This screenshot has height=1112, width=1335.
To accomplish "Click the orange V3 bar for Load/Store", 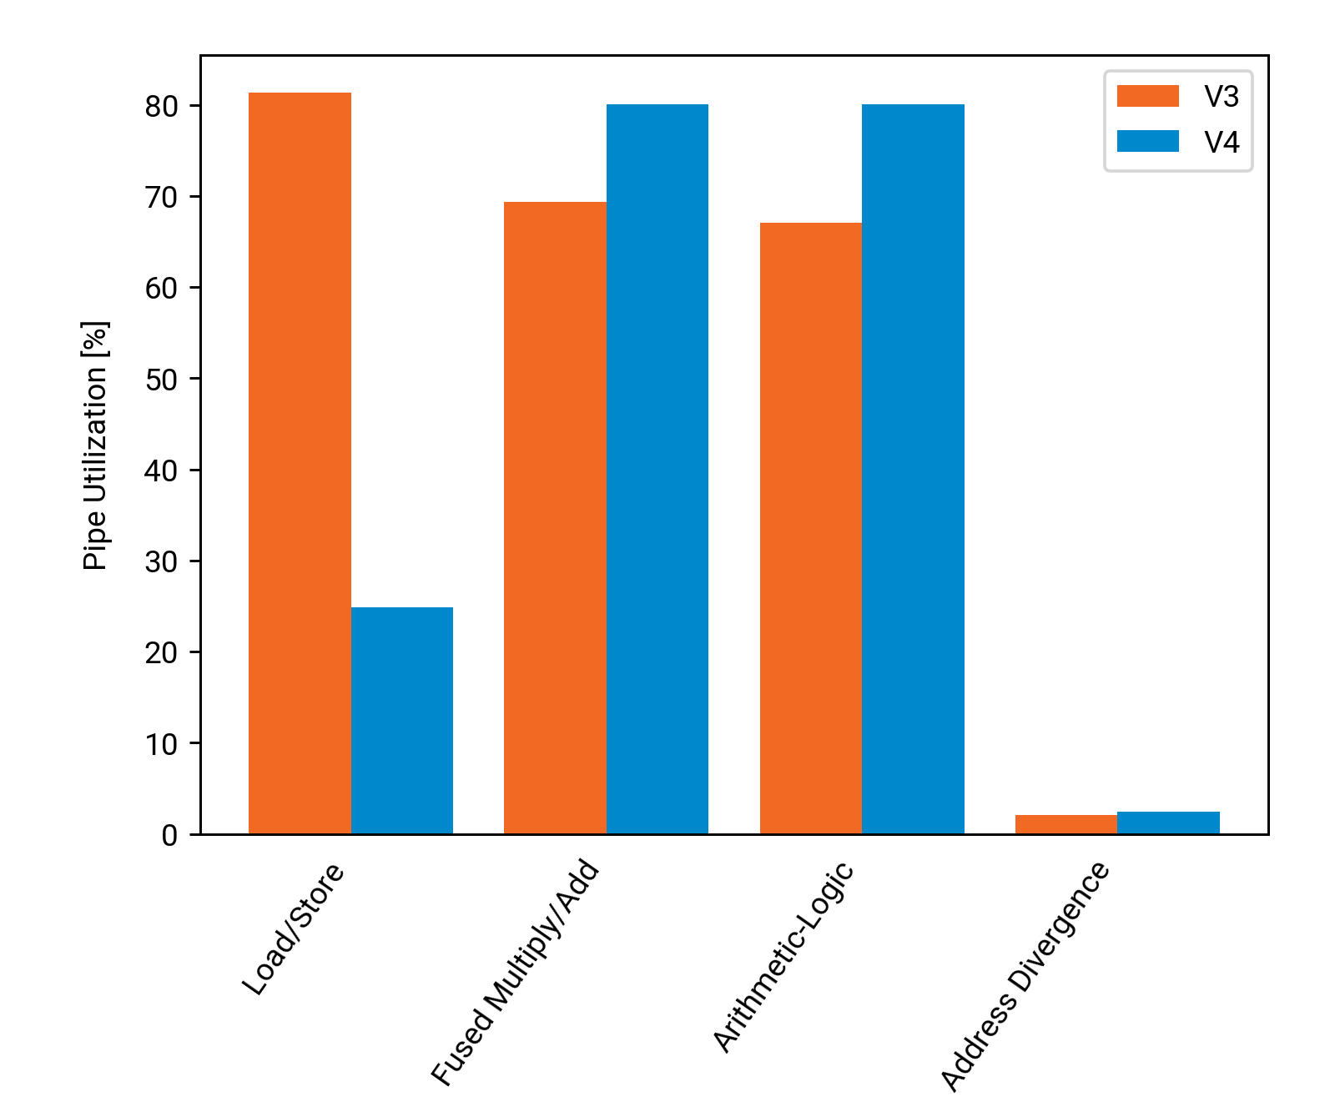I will (300, 463).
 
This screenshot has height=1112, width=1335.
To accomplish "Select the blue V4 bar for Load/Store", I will (402, 721).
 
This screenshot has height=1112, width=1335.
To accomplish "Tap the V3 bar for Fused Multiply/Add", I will (555, 517).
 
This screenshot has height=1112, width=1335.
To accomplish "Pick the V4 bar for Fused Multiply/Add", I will (657, 469).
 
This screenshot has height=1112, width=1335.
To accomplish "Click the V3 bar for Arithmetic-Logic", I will (811, 528).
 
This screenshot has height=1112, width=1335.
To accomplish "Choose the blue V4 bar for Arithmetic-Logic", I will (913, 469).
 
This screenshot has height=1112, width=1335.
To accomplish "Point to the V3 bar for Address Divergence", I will (1066, 824).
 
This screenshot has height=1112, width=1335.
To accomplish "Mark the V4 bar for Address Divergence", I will (1168, 823).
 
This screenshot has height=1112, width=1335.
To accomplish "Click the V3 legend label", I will (1222, 97).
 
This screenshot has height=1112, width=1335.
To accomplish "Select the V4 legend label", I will (1222, 143).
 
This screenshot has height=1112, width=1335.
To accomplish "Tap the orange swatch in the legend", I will (1148, 96).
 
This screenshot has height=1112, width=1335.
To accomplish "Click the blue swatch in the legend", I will (1148, 142).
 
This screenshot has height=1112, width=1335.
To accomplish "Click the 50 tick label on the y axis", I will (162, 380).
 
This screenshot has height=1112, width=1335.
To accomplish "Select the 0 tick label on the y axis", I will (170, 835).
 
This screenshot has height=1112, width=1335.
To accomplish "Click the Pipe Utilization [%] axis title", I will (95, 445).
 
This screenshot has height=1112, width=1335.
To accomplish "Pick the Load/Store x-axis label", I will (294, 929).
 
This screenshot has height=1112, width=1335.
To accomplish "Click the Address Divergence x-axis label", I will (1025, 977).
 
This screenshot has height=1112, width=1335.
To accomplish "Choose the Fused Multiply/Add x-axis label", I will (516, 974).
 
